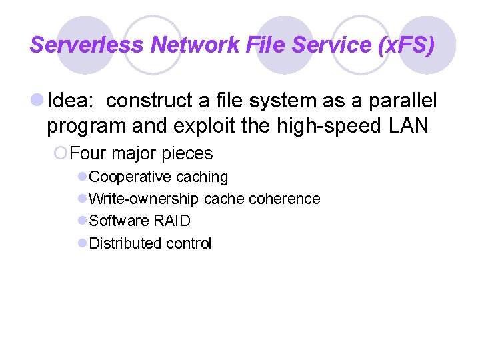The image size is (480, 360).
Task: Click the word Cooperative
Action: (130, 177)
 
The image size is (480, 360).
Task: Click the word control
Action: (189, 243)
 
